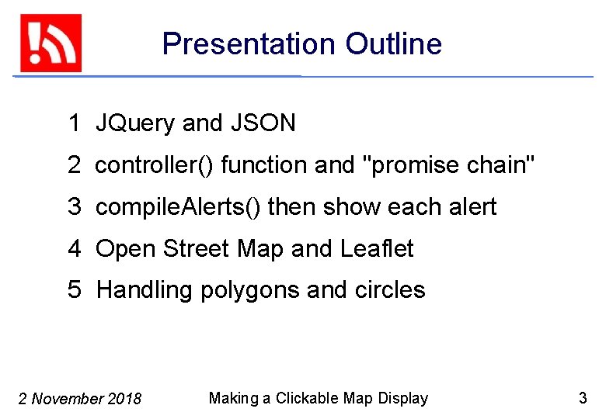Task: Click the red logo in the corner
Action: click(50, 43)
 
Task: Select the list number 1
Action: click(74, 123)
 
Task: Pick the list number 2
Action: click(74, 165)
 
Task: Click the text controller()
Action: click(155, 165)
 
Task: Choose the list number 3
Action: click(74, 207)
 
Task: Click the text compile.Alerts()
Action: click(178, 207)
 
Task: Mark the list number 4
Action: click(74, 249)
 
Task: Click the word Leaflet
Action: click(377, 249)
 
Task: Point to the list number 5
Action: click(74, 290)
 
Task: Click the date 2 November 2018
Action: click(79, 399)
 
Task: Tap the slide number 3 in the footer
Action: click(583, 398)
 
